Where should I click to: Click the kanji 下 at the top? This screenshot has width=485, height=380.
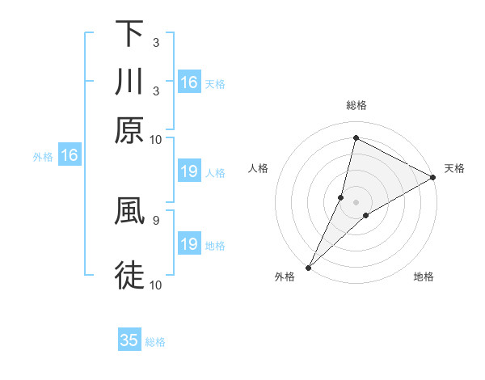(x=129, y=35)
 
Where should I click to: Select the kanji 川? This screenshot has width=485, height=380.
(x=129, y=82)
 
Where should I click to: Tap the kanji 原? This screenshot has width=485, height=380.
(x=129, y=129)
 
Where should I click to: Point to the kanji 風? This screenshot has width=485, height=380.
(x=129, y=212)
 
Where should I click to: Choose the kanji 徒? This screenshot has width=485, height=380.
(x=129, y=275)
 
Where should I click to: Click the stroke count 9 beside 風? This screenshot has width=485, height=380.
(x=155, y=219)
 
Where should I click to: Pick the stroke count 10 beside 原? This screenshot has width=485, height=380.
(x=155, y=139)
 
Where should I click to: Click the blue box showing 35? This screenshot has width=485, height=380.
(x=129, y=340)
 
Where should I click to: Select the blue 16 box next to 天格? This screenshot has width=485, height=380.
(x=188, y=82)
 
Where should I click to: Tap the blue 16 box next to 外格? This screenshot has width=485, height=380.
(x=69, y=156)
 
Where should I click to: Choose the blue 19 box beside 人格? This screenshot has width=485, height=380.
(x=188, y=171)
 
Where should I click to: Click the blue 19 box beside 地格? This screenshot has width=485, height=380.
(x=188, y=244)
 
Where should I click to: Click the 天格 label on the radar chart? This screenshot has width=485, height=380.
(x=454, y=168)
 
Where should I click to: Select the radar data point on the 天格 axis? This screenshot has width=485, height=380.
(x=433, y=178)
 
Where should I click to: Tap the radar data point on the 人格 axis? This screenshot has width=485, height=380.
(x=341, y=197)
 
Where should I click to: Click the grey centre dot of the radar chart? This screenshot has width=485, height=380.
(x=356, y=201)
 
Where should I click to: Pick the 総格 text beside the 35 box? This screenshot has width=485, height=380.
(x=155, y=342)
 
